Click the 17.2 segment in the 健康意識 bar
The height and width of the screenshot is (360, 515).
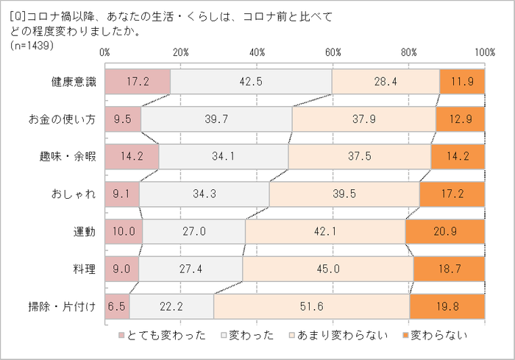(x=138, y=82)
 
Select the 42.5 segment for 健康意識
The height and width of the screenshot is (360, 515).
(x=251, y=82)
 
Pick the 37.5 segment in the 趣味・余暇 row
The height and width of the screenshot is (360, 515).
(x=360, y=156)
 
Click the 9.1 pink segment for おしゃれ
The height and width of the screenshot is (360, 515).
(x=122, y=194)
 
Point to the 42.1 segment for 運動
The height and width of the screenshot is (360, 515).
(x=325, y=231)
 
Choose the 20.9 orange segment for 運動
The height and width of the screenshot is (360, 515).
(x=445, y=231)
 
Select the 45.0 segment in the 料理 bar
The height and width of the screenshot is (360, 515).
(x=327, y=269)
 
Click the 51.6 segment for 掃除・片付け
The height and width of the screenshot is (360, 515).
(x=311, y=306)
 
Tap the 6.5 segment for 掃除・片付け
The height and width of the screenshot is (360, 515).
(x=118, y=306)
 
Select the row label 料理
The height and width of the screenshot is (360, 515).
(x=85, y=269)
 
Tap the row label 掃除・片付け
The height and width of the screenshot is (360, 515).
(x=68, y=306)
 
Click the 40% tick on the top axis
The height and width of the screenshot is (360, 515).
(x=257, y=52)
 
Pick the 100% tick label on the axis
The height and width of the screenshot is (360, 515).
(x=484, y=52)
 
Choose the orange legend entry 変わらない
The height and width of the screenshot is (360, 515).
(x=437, y=336)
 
